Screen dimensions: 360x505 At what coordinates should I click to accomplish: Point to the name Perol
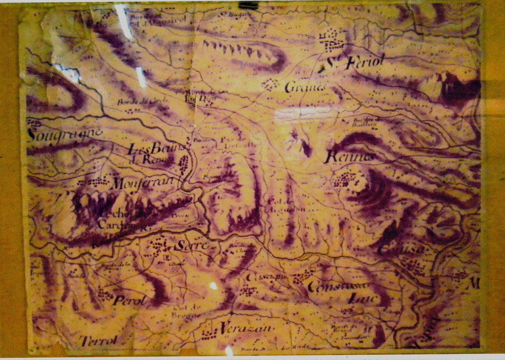(130, 300)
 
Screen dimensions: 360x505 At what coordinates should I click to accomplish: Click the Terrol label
(98, 341)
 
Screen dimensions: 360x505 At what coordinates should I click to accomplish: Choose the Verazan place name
(246, 328)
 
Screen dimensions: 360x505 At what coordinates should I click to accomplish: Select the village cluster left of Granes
(270, 84)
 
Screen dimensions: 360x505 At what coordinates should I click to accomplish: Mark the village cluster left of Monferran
(93, 182)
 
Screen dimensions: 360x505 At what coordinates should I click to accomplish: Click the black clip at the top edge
(249, 5)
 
